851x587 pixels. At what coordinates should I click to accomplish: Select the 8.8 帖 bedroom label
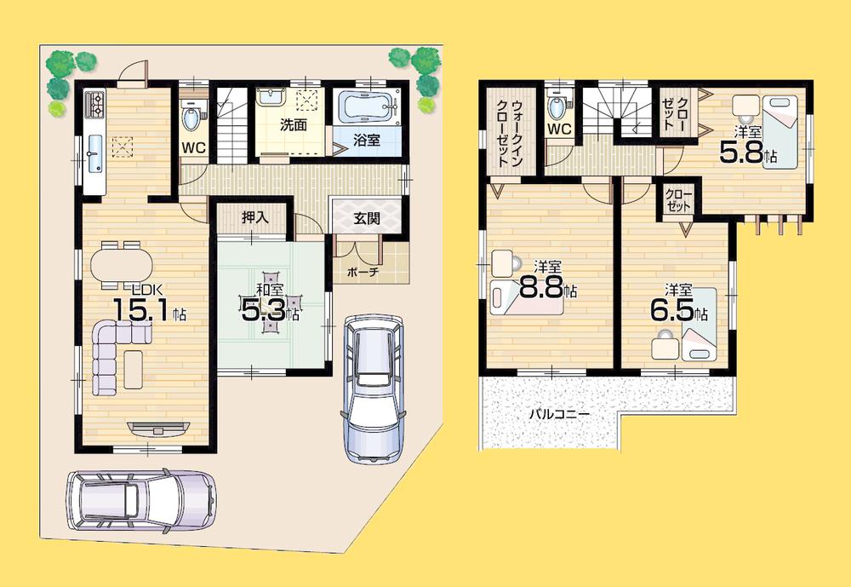click(x=547, y=281)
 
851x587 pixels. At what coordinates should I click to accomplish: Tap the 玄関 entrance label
click(x=367, y=217)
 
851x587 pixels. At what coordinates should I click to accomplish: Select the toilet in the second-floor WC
click(x=557, y=106)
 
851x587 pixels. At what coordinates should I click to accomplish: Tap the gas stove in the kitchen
click(x=94, y=106)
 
